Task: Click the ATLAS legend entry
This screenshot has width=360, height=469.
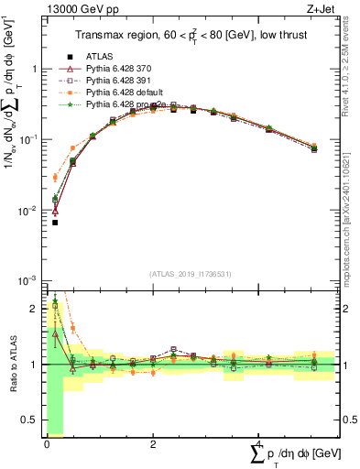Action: pos(101,56)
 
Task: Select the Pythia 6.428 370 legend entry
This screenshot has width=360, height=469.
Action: pos(120,69)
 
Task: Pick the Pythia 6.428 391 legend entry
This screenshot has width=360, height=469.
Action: pos(120,81)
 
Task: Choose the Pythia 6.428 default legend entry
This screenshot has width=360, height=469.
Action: pos(124,93)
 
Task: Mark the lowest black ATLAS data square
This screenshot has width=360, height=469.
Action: pos(55,223)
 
